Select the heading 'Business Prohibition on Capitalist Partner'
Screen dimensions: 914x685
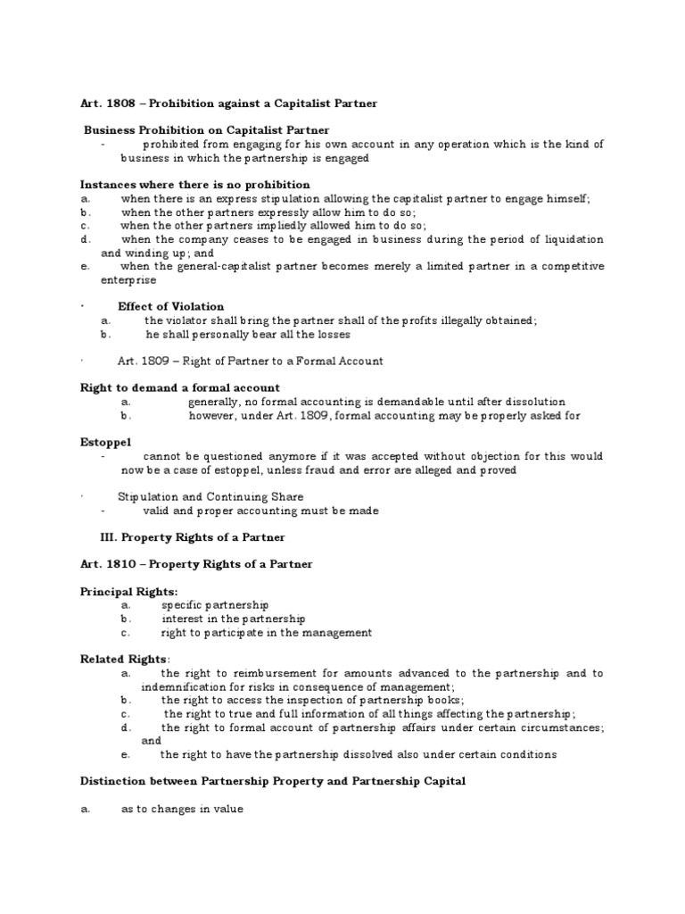click(207, 130)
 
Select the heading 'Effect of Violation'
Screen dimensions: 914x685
click(171, 306)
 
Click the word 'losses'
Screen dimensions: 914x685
click(333, 334)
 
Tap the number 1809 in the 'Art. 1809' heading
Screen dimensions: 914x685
click(153, 361)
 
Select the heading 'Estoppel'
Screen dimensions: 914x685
click(106, 442)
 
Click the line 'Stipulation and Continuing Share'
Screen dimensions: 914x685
click(210, 496)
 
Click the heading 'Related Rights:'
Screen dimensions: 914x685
click(125, 659)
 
